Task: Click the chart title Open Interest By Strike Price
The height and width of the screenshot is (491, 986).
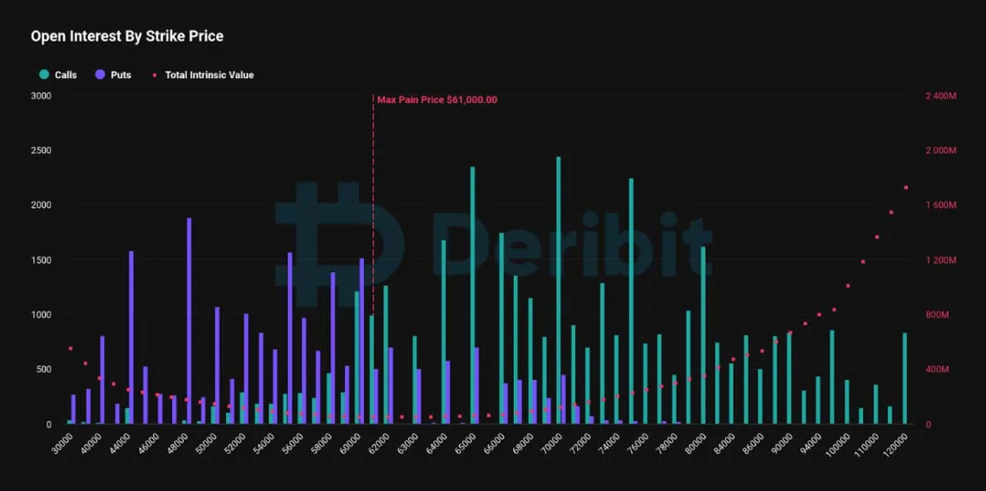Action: coord(127,37)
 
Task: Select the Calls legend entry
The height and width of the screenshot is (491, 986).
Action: coord(58,75)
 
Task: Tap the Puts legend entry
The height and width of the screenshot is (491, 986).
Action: coord(113,75)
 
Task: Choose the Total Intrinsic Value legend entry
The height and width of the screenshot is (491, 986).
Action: coord(203,75)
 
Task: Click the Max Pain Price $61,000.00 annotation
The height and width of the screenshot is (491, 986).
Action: coord(437,100)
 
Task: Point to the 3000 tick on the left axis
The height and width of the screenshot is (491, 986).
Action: coord(41,96)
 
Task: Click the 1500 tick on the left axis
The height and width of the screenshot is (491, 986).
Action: coord(41,260)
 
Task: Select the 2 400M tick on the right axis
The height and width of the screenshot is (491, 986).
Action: coord(941,96)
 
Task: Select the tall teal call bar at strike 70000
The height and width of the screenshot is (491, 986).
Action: coord(559,290)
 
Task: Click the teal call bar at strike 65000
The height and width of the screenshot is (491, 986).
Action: coord(472,295)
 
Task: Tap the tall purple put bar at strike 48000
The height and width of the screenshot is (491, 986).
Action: coord(189,321)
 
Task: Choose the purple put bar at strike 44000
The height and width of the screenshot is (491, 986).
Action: coord(131,337)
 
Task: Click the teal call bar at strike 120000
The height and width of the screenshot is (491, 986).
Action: coord(905,379)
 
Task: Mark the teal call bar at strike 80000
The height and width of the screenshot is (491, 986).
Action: coord(703,335)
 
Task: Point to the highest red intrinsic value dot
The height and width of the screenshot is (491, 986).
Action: coord(906,187)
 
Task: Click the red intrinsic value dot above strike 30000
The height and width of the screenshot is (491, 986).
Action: coord(71,348)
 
